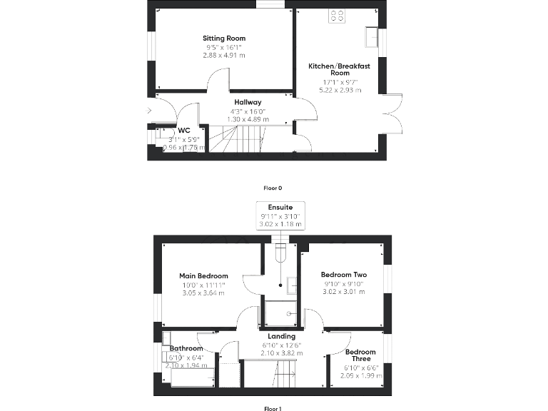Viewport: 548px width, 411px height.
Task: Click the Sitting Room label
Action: [x=223, y=38]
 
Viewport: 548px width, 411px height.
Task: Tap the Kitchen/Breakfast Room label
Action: [x=329, y=69]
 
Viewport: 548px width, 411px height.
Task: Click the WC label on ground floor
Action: [x=183, y=130]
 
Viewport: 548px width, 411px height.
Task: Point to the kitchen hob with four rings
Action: [x=338, y=16]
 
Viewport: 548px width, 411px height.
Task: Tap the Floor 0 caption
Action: [x=273, y=188]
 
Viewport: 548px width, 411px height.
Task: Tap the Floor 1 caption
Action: [x=273, y=409]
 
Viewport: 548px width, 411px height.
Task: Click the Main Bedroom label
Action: [x=203, y=276]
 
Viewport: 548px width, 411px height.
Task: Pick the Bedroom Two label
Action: [x=343, y=275]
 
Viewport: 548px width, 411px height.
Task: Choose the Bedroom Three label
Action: [x=360, y=355]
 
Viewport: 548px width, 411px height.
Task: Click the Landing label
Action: [x=281, y=336]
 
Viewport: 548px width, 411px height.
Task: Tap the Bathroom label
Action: [x=186, y=349]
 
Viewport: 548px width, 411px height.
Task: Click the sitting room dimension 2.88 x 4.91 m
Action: [x=223, y=55]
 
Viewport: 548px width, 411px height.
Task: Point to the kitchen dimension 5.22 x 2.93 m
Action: [x=329, y=91]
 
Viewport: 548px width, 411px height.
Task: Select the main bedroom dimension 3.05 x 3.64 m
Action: [x=203, y=293]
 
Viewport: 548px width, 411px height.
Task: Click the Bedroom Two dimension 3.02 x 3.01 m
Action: [x=343, y=291]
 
